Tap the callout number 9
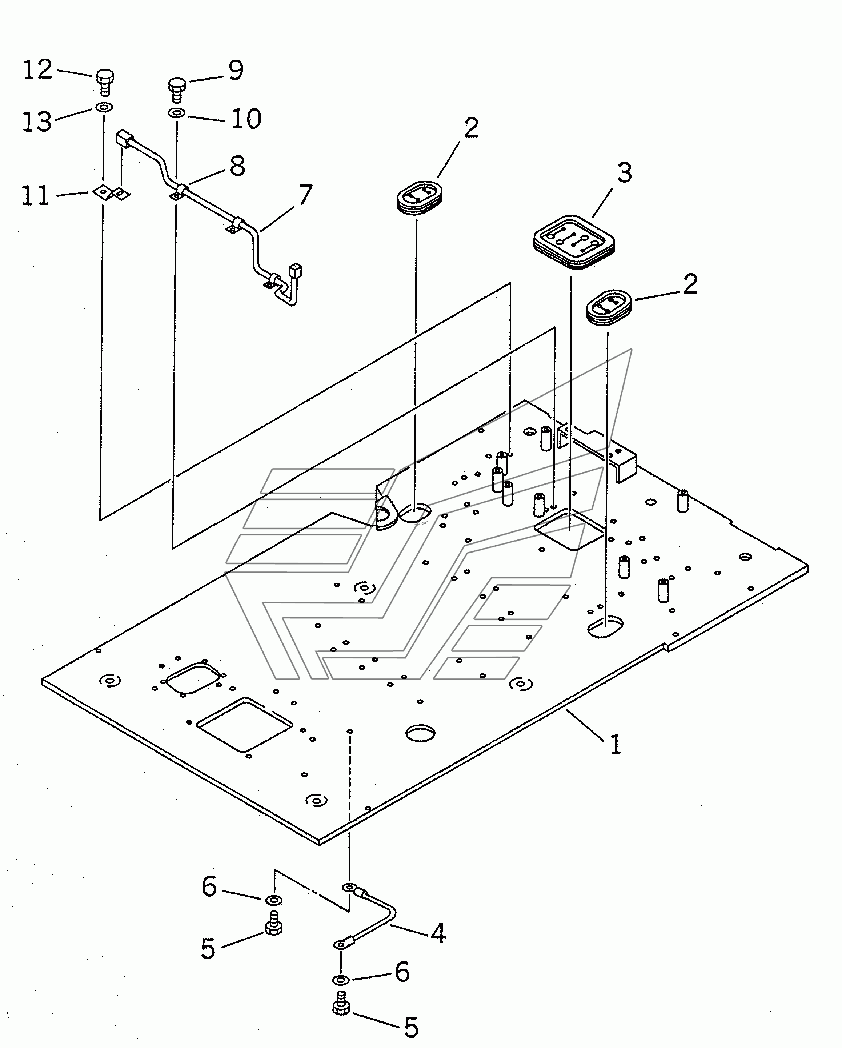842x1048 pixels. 236,71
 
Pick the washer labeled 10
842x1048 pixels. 176,113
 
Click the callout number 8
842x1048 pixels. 237,166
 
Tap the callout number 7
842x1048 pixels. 305,195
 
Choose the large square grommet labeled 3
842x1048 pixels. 573,242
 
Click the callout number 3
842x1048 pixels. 624,172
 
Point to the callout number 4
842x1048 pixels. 438,933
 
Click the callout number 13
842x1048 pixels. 37,121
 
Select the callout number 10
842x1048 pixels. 246,119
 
